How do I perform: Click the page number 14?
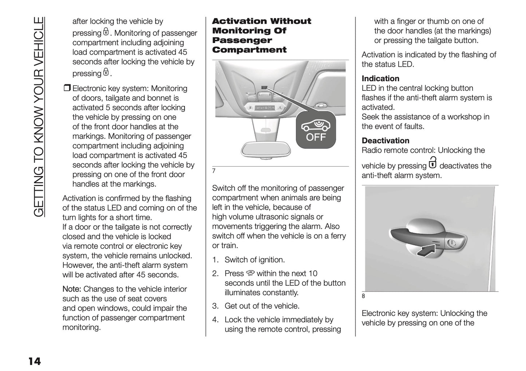35,362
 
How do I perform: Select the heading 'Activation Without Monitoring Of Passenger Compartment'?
261,36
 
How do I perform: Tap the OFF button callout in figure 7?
316,130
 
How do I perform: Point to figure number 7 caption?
214,171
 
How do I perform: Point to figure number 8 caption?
363,296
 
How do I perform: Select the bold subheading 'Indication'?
380,79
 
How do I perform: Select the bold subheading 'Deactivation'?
385,141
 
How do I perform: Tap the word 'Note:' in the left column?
72,289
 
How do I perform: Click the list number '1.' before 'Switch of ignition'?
215,260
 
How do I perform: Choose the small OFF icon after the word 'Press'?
250,273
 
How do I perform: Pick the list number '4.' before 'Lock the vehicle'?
215,320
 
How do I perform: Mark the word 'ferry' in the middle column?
337,236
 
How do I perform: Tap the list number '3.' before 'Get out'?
215,306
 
